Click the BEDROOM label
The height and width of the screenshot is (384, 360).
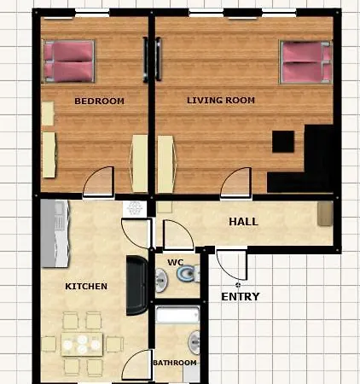99,101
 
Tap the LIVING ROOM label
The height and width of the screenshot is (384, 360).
221,100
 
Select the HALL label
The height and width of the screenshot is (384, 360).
243,222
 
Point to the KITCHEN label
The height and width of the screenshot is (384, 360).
86,286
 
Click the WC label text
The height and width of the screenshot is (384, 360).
176,262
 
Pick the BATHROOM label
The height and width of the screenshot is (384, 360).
175,363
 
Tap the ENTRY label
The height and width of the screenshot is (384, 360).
241,297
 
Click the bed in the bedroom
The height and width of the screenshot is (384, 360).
68,61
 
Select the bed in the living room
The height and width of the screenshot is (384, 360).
306,62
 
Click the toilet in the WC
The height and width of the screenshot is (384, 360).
188,273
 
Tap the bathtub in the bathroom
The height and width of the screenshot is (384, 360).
177,315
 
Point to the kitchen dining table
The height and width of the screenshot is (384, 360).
82,344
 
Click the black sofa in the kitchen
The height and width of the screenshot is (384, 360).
137,285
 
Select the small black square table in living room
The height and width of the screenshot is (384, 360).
283,142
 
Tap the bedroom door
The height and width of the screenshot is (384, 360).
98,182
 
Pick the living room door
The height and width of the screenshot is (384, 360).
236,182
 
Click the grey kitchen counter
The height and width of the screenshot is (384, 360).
55,234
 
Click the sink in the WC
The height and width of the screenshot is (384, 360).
161,280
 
